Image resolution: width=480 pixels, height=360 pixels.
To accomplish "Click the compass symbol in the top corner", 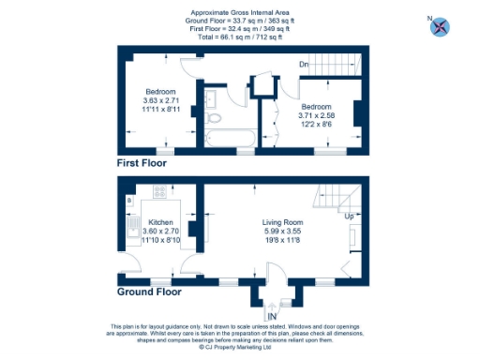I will [437, 26].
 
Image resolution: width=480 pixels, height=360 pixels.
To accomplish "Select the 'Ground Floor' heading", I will [149, 292].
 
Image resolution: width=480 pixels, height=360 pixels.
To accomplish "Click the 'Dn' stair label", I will [304, 64].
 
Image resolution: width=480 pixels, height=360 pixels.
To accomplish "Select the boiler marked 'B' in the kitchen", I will [129, 201].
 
